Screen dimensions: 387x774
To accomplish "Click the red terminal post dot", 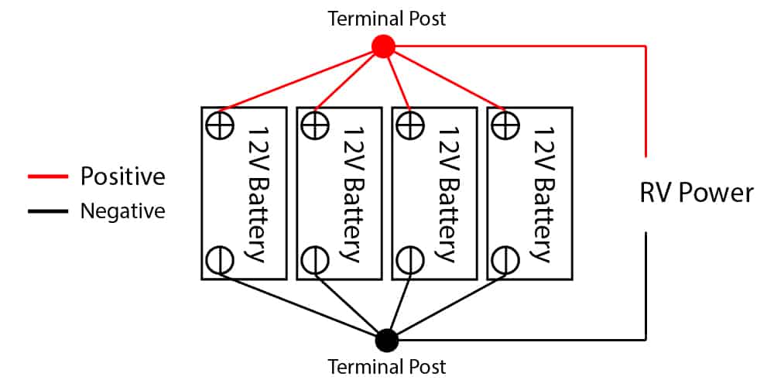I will click(383, 47).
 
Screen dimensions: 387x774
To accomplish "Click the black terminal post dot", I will click(386, 339).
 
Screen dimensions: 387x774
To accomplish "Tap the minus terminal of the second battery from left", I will click(313, 259).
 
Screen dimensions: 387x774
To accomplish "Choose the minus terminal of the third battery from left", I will click(409, 259).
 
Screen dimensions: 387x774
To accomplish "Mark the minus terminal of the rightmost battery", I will click(505, 259).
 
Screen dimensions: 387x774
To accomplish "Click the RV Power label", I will click(696, 192).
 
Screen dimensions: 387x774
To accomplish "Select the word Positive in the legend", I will click(122, 176).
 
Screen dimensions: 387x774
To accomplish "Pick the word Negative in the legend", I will click(122, 211).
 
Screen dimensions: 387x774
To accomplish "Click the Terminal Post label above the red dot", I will click(387, 18).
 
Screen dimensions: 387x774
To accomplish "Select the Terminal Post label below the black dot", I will click(387, 365).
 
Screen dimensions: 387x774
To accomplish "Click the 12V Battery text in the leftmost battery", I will click(256, 193).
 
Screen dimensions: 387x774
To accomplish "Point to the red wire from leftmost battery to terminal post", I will click(302, 77).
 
